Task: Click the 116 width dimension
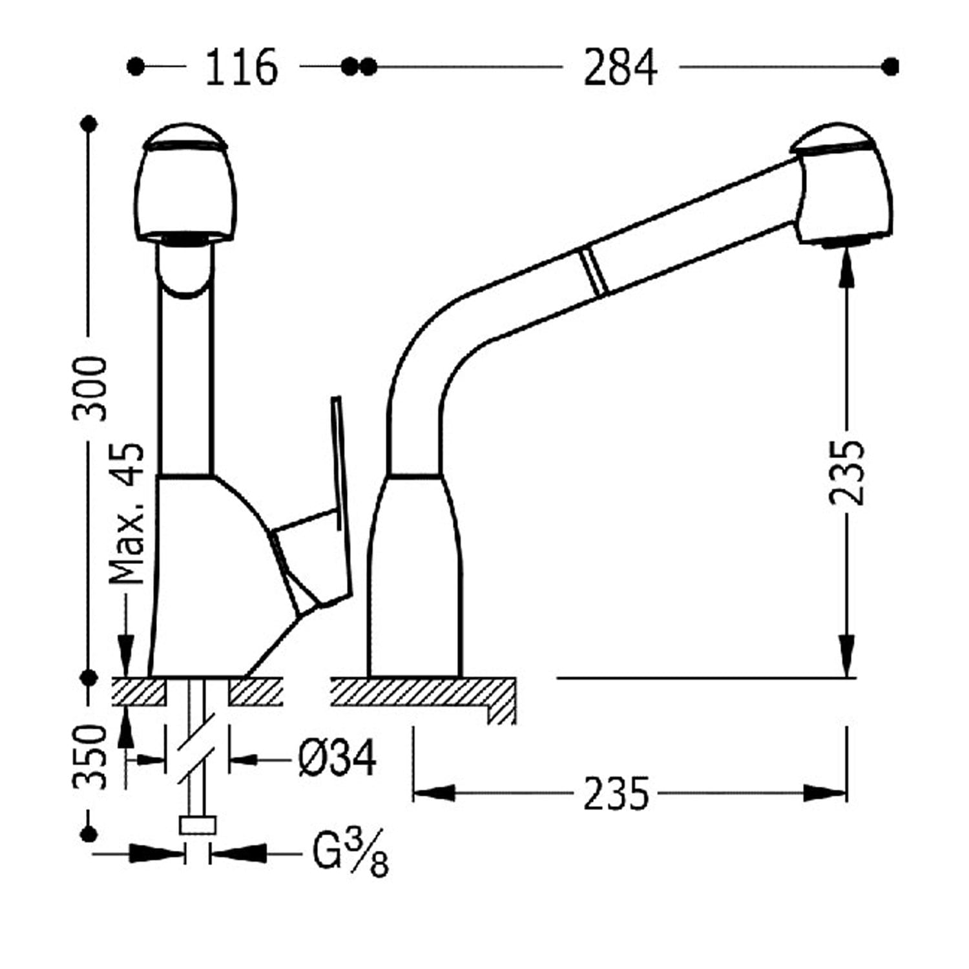pos(241,67)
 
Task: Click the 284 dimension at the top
pos(620,67)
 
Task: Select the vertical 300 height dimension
pos(89,388)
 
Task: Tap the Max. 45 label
pos(127,514)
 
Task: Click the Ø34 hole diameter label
pos(337,758)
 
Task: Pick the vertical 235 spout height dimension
pos(846,472)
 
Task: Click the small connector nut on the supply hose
pos(197,826)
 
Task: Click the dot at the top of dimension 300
pos(89,123)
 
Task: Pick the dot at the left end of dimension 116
pos(136,67)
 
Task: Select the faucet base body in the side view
pos(413,575)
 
